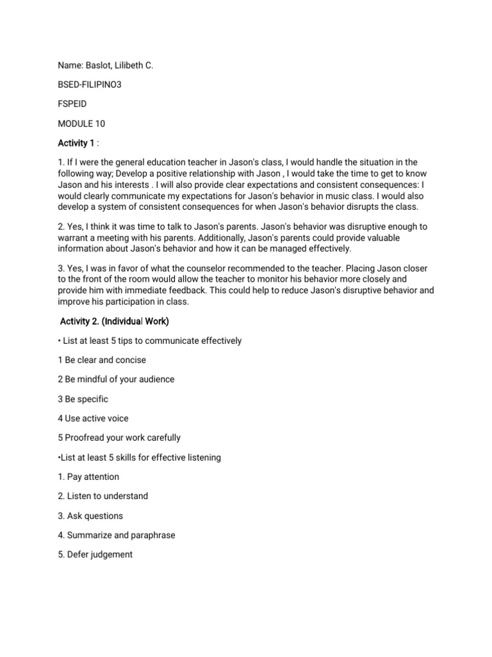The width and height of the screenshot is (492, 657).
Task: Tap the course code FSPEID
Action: click(x=73, y=104)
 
